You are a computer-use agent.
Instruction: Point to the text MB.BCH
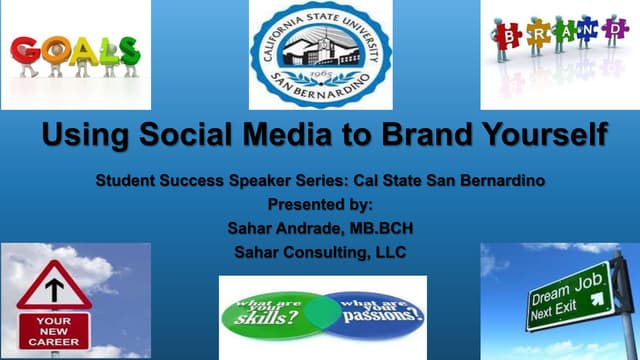[x=375, y=228]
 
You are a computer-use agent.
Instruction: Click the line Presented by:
[x=320, y=205]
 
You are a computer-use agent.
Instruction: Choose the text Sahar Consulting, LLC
[x=320, y=251]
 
